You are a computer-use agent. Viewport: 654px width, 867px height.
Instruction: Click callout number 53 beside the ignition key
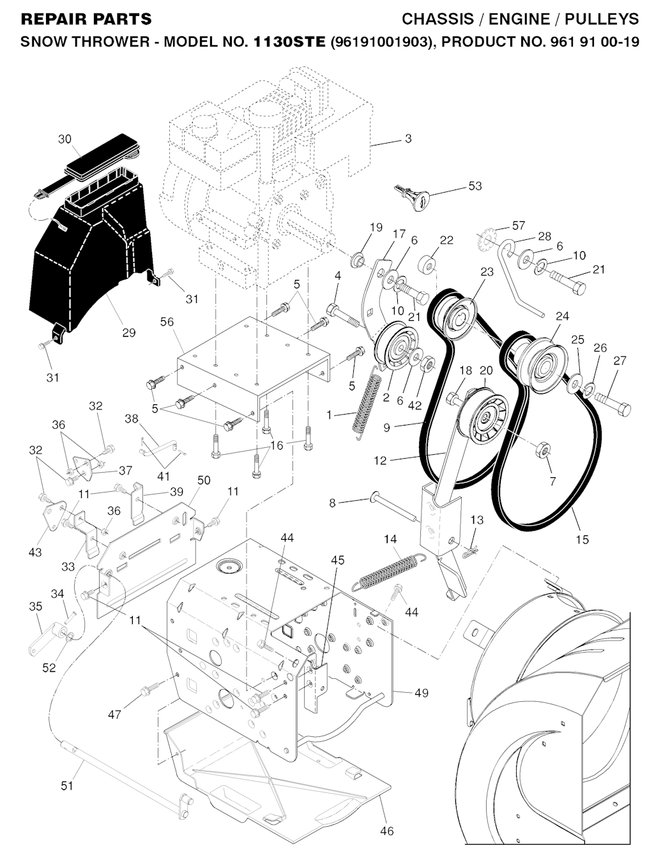475,186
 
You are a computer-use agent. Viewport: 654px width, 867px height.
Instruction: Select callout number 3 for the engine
408,138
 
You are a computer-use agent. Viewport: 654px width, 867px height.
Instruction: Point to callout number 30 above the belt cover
65,139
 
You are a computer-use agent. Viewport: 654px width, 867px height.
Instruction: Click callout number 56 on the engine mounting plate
167,323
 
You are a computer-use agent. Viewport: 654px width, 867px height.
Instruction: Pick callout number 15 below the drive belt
582,539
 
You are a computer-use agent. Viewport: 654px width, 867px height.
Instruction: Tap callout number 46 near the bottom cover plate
386,831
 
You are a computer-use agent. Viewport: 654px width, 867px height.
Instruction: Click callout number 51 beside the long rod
67,785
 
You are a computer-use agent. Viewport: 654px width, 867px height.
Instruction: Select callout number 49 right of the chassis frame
421,693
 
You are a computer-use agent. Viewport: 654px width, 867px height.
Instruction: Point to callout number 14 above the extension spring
390,540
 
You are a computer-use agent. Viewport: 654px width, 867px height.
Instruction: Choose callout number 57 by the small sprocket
518,225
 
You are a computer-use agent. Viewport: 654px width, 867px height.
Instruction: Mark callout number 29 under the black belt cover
128,332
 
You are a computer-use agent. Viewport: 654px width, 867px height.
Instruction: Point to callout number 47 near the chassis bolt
114,715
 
